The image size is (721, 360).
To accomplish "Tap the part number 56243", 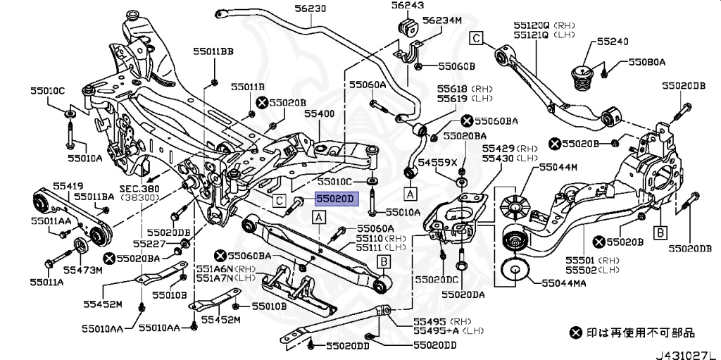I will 408,6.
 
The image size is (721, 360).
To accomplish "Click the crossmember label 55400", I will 319,113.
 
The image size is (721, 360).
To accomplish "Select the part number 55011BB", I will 213,51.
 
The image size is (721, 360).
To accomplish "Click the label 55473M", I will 82,270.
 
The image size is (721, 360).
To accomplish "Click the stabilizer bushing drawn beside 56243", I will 408,29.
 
